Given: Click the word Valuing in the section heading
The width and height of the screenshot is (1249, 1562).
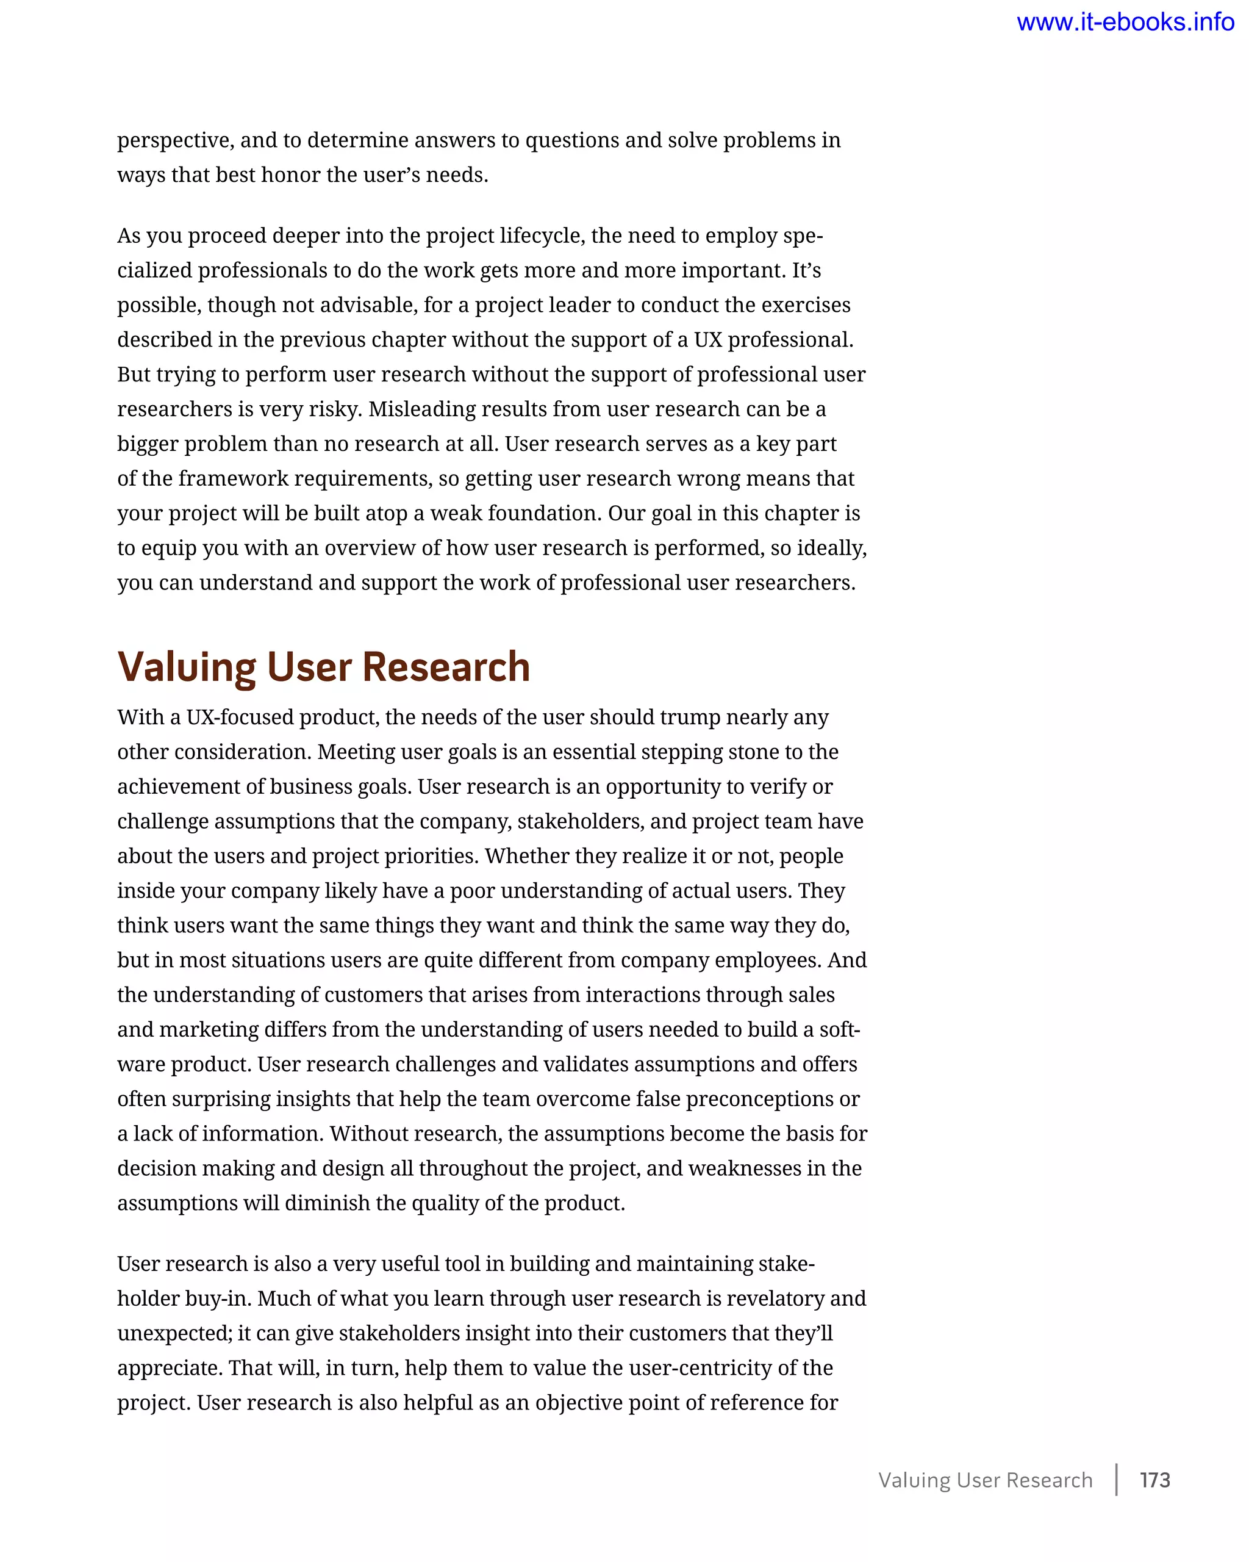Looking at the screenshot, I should (187, 668).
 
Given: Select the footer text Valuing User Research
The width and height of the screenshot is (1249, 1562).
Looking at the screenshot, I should (985, 1480).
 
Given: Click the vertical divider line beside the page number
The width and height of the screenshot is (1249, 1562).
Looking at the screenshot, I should (1116, 1480).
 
